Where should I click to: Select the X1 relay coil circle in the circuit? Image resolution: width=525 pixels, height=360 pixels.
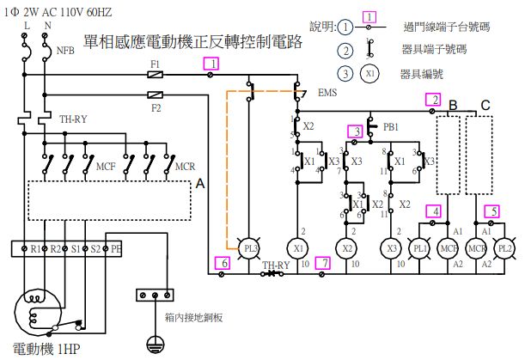300,247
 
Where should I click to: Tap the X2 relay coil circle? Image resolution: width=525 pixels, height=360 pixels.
347,247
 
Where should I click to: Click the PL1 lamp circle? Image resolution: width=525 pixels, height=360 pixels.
421,247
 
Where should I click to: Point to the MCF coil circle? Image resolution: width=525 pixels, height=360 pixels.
449,247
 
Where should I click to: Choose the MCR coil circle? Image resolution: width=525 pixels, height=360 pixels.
477,247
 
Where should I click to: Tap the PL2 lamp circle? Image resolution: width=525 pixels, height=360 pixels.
504,247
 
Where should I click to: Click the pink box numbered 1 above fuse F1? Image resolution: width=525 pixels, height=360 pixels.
211,63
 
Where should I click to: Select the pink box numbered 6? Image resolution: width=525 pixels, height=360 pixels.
222,263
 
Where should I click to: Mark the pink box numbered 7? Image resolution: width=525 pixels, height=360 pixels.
322,263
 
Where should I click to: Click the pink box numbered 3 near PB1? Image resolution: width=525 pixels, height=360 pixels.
355,131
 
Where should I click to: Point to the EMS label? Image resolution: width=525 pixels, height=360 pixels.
327,92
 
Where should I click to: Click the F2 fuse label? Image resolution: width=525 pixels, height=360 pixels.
156,108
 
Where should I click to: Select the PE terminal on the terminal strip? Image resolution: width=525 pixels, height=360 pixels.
117,249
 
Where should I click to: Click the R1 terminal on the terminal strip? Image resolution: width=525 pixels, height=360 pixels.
35,249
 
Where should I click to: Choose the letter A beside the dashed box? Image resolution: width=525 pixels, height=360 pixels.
201,184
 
